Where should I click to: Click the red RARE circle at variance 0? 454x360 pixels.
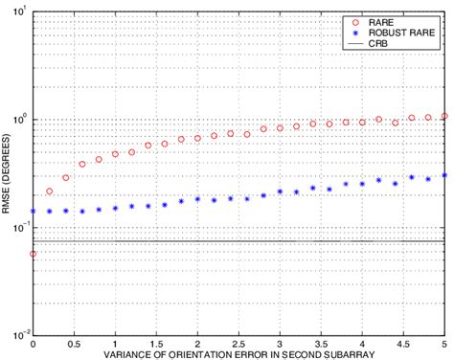34,254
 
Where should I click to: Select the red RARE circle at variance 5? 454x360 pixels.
444,116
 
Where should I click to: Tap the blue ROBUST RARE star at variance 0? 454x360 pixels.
34,211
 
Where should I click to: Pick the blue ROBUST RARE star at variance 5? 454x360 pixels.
444,175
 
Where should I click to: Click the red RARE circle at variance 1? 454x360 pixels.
116,153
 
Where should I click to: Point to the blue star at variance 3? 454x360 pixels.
280,191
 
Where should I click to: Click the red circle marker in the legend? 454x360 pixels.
354,19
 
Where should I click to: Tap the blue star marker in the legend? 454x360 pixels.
354,31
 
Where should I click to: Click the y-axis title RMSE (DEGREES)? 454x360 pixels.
8,173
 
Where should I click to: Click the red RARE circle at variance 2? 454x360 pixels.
197,138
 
